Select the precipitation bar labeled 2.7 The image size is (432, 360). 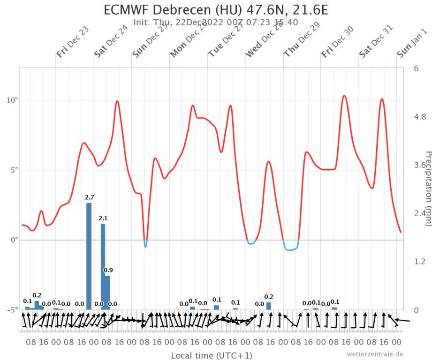[89, 255]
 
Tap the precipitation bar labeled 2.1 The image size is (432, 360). [103, 266]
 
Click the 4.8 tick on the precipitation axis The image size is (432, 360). [418, 117]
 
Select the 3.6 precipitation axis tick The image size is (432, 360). [418, 165]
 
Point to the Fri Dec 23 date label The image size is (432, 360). [73, 42]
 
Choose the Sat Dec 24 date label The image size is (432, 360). [111, 42]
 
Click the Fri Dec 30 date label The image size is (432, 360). [338, 42]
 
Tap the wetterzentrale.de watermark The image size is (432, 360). [375, 354]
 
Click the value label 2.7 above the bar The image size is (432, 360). [89, 197]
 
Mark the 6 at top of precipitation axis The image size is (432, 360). [416, 68]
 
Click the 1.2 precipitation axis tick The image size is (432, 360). [418, 262]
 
